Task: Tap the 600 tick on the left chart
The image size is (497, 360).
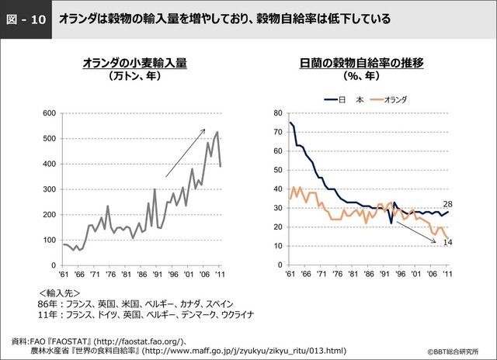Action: [x=48, y=113]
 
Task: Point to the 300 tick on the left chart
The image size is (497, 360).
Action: [x=48, y=189]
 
